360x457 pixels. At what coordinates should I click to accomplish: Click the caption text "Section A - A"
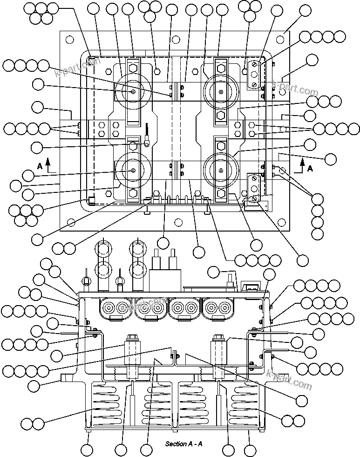coord(183,443)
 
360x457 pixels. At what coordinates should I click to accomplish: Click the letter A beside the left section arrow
coord(40,165)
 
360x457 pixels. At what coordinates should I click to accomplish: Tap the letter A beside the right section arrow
coord(310,169)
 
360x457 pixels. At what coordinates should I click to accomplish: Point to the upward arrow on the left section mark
coord(48,164)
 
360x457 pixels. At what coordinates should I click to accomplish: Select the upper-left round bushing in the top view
coord(133,92)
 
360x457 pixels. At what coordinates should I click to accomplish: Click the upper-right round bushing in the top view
coord(220,92)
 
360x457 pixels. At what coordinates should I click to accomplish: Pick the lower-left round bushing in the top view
coord(133,171)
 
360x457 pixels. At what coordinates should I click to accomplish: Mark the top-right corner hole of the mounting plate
coord(283,40)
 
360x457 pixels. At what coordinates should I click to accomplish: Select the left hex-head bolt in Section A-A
coord(131,338)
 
